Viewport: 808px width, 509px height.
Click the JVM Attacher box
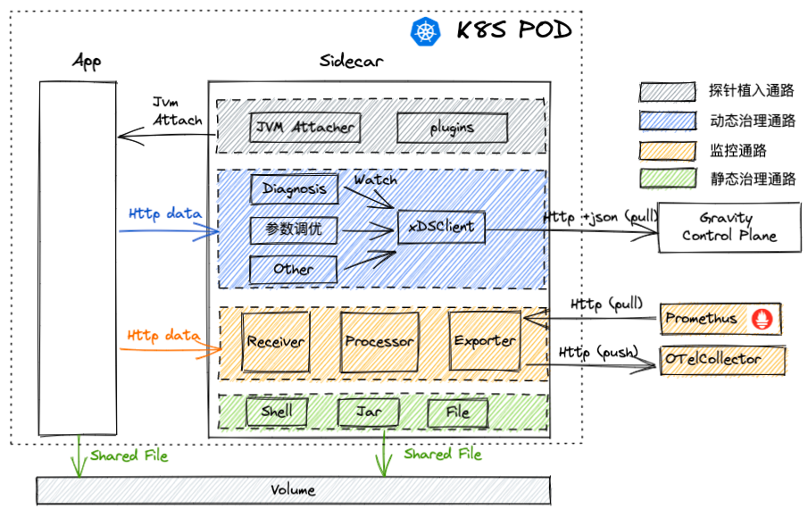(304, 128)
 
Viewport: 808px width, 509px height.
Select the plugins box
(452, 128)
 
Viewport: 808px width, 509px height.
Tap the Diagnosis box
(295, 189)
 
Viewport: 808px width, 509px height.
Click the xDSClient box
(441, 227)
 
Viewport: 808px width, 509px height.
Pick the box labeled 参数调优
(294, 230)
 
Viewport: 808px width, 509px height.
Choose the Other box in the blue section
(294, 268)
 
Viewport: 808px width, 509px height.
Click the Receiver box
(276, 341)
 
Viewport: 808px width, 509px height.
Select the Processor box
(379, 341)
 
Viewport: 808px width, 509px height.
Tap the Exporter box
(484, 341)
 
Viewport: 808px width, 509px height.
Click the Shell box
(277, 413)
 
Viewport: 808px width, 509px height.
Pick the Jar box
(369, 413)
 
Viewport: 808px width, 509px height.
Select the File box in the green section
(458, 413)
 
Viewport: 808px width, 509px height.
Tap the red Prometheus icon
(763, 319)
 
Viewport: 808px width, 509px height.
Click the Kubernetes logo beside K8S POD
(426, 31)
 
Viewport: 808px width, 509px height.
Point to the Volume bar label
(293, 490)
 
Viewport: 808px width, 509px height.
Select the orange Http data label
(162, 336)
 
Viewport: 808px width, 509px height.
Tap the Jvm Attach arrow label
(178, 111)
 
